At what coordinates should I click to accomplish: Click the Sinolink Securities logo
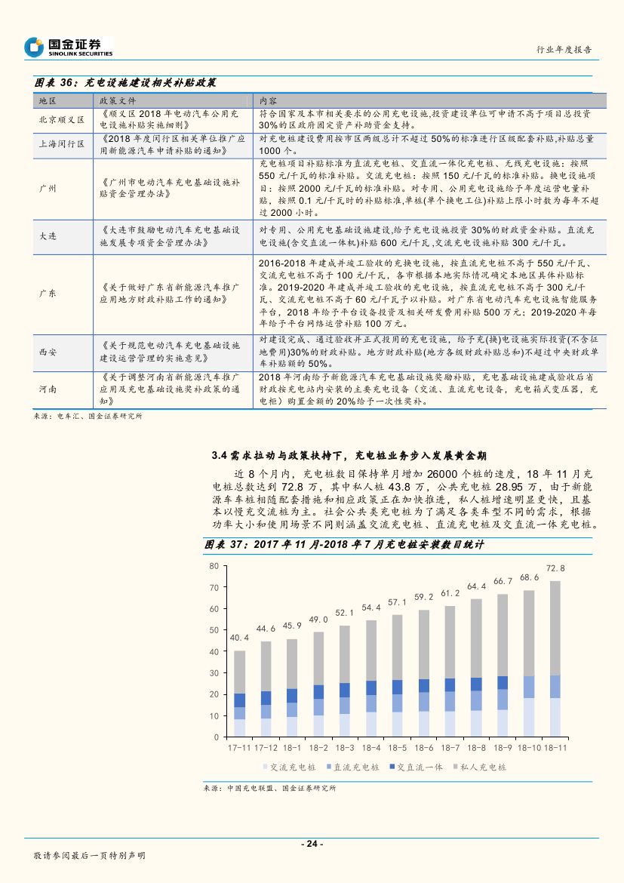(68, 47)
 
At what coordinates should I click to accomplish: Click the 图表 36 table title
(125, 82)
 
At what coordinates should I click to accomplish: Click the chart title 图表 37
(343, 543)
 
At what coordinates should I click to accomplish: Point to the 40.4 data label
(239, 638)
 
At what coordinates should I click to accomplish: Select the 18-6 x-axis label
(423, 746)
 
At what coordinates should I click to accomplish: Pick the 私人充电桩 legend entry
(483, 767)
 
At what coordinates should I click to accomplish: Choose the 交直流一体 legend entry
(416, 767)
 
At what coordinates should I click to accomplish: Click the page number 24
(312, 843)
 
